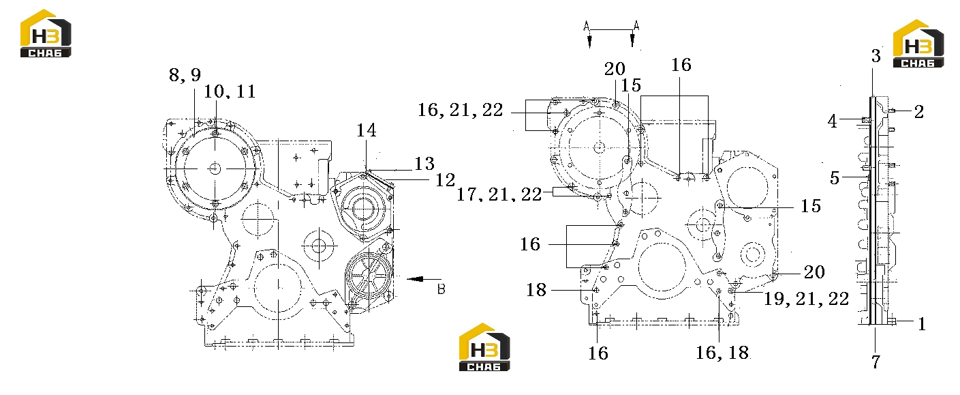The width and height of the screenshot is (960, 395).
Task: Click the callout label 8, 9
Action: point(185,75)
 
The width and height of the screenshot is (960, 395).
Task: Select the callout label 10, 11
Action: point(230,91)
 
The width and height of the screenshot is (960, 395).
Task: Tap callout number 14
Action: point(367,130)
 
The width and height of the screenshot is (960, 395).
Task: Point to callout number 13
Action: point(424,164)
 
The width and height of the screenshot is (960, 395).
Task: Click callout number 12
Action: point(445,180)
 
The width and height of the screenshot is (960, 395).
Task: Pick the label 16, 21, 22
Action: point(461,111)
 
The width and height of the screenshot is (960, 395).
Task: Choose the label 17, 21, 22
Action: point(499,194)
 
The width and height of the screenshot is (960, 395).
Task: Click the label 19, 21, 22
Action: point(806,299)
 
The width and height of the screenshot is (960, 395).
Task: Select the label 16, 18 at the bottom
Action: point(722,353)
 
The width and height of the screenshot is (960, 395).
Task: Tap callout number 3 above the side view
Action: point(876,56)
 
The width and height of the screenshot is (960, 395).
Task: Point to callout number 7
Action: point(876,362)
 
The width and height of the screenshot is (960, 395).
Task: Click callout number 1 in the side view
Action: point(922,324)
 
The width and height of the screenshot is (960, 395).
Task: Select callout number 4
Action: point(833,121)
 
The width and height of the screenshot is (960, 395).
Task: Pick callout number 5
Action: point(835,178)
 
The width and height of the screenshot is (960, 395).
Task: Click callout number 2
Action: point(919,112)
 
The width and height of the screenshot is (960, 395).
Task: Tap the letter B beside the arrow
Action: point(442,289)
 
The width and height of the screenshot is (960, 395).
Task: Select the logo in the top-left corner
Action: point(46,33)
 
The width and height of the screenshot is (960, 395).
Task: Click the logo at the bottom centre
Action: point(484,347)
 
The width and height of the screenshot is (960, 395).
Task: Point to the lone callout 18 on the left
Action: point(536,290)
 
